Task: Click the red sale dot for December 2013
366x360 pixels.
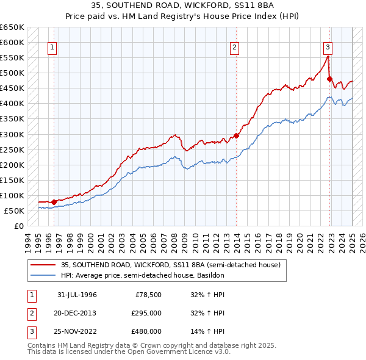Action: point(237,135)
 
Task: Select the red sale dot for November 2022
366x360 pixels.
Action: point(330,79)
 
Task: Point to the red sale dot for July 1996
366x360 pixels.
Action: point(54,201)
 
